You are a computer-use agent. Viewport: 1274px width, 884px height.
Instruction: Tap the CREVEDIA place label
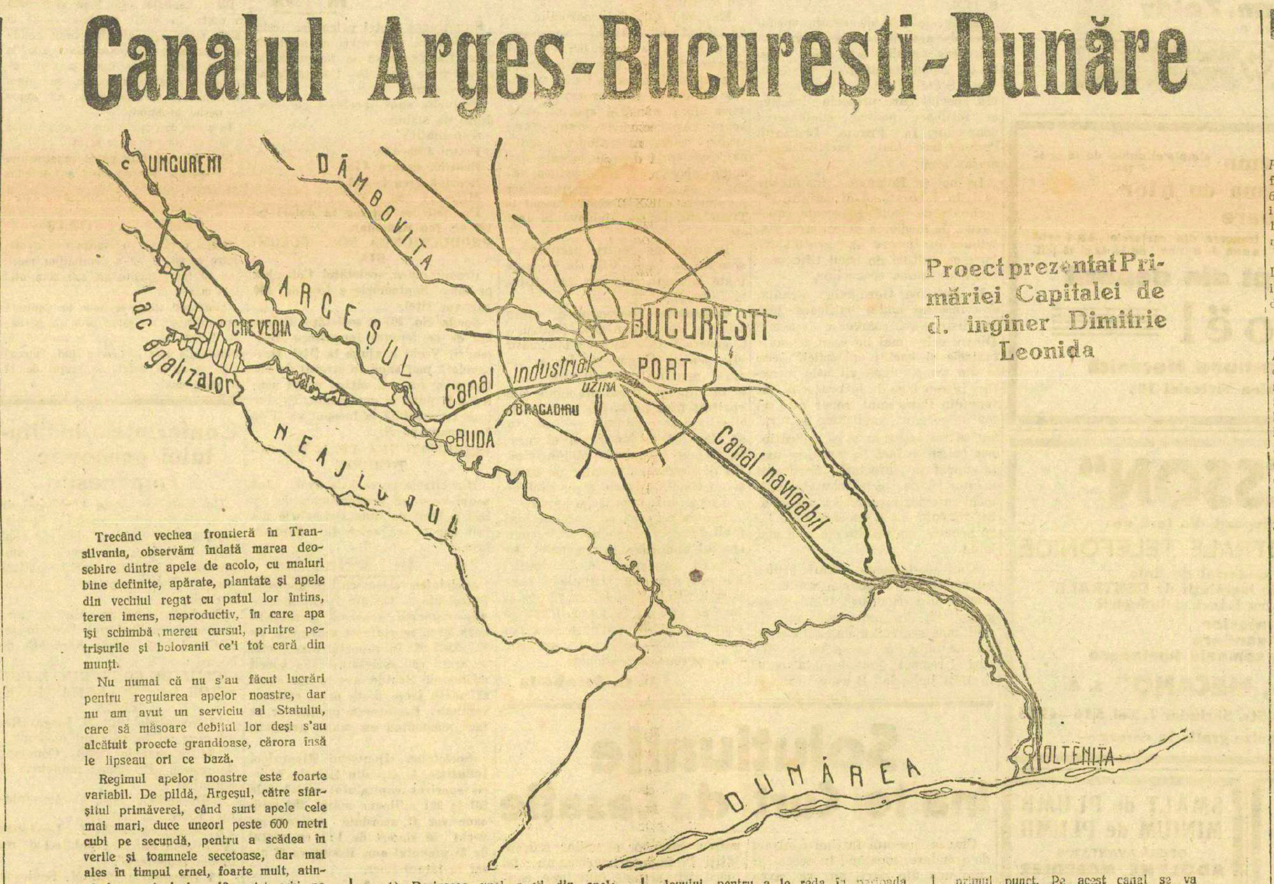(x=261, y=328)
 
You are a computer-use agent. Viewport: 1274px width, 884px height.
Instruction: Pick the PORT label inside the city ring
(x=664, y=369)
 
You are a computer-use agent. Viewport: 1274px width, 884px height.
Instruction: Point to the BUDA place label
(x=476, y=439)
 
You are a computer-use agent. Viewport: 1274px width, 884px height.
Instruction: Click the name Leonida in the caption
(x=1046, y=350)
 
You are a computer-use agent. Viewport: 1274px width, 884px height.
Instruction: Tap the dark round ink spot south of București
(x=696, y=576)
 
